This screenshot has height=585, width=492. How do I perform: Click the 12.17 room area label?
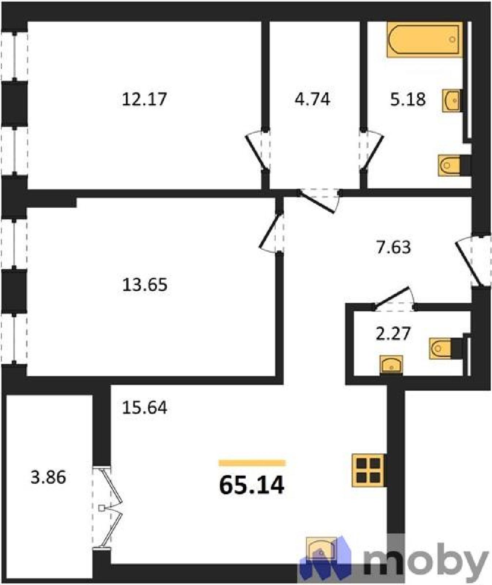144,99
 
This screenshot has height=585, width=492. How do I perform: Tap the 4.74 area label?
313,99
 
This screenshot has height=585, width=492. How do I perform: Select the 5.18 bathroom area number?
408,99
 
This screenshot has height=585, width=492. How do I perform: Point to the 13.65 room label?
145,284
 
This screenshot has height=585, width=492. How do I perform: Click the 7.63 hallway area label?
393,247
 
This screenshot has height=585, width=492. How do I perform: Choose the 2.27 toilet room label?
393,333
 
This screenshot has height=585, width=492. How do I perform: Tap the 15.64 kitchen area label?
145,407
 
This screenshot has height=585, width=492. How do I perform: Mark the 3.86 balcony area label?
48,477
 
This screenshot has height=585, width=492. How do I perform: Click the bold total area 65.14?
252,485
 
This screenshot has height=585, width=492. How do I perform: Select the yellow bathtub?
425,39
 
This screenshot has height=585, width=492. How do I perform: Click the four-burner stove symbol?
368,470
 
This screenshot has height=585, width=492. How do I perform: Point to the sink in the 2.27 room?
391,365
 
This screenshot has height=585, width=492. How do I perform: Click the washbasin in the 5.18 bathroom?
452,100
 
